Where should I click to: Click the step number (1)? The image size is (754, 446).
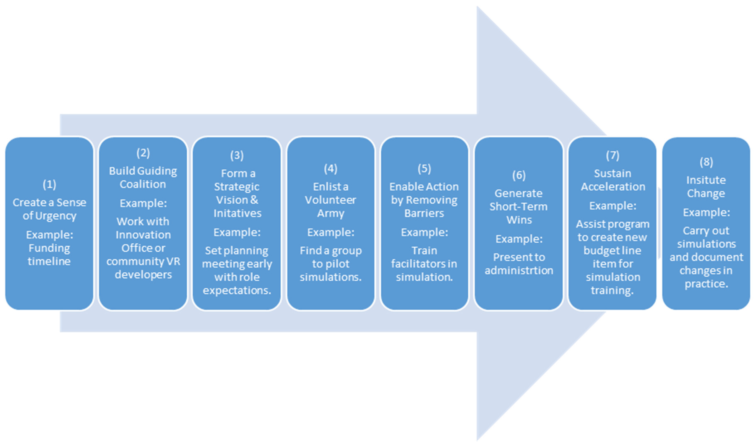click(x=49, y=184)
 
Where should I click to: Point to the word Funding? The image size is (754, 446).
click(x=49, y=248)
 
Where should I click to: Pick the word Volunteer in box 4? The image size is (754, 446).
click(x=330, y=200)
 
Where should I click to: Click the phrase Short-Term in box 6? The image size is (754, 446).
click(x=518, y=207)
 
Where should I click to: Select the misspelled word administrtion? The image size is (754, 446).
click(x=519, y=271)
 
